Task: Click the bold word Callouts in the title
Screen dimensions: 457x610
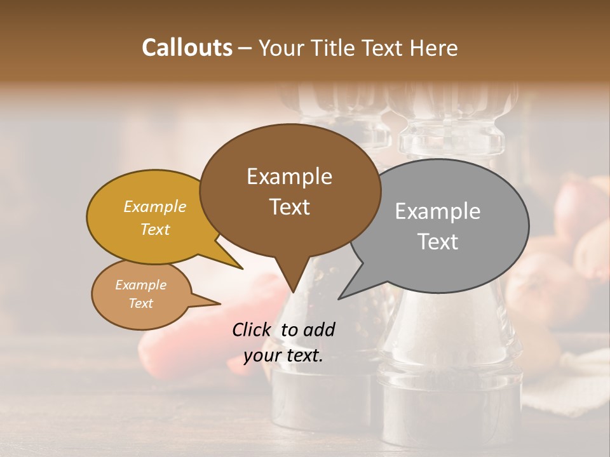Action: (x=187, y=48)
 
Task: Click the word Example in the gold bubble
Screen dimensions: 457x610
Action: (x=155, y=207)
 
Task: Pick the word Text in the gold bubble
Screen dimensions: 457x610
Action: (x=155, y=229)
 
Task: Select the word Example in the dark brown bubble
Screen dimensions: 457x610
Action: (x=289, y=176)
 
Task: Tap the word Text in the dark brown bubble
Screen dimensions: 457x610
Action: (x=289, y=207)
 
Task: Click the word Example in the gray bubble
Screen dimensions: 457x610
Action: (x=437, y=211)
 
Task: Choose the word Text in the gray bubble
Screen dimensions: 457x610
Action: (x=437, y=242)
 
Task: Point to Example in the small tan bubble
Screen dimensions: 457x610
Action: (x=140, y=285)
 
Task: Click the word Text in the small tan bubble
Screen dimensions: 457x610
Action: (x=140, y=303)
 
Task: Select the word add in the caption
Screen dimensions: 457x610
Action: (x=319, y=329)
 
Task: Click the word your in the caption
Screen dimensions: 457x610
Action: (x=261, y=355)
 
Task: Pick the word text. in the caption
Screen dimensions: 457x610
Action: (x=302, y=355)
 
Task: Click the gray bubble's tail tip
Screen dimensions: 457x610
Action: (x=339, y=298)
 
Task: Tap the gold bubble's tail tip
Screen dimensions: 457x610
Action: (x=242, y=268)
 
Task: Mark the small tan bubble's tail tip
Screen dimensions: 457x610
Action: (x=220, y=303)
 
